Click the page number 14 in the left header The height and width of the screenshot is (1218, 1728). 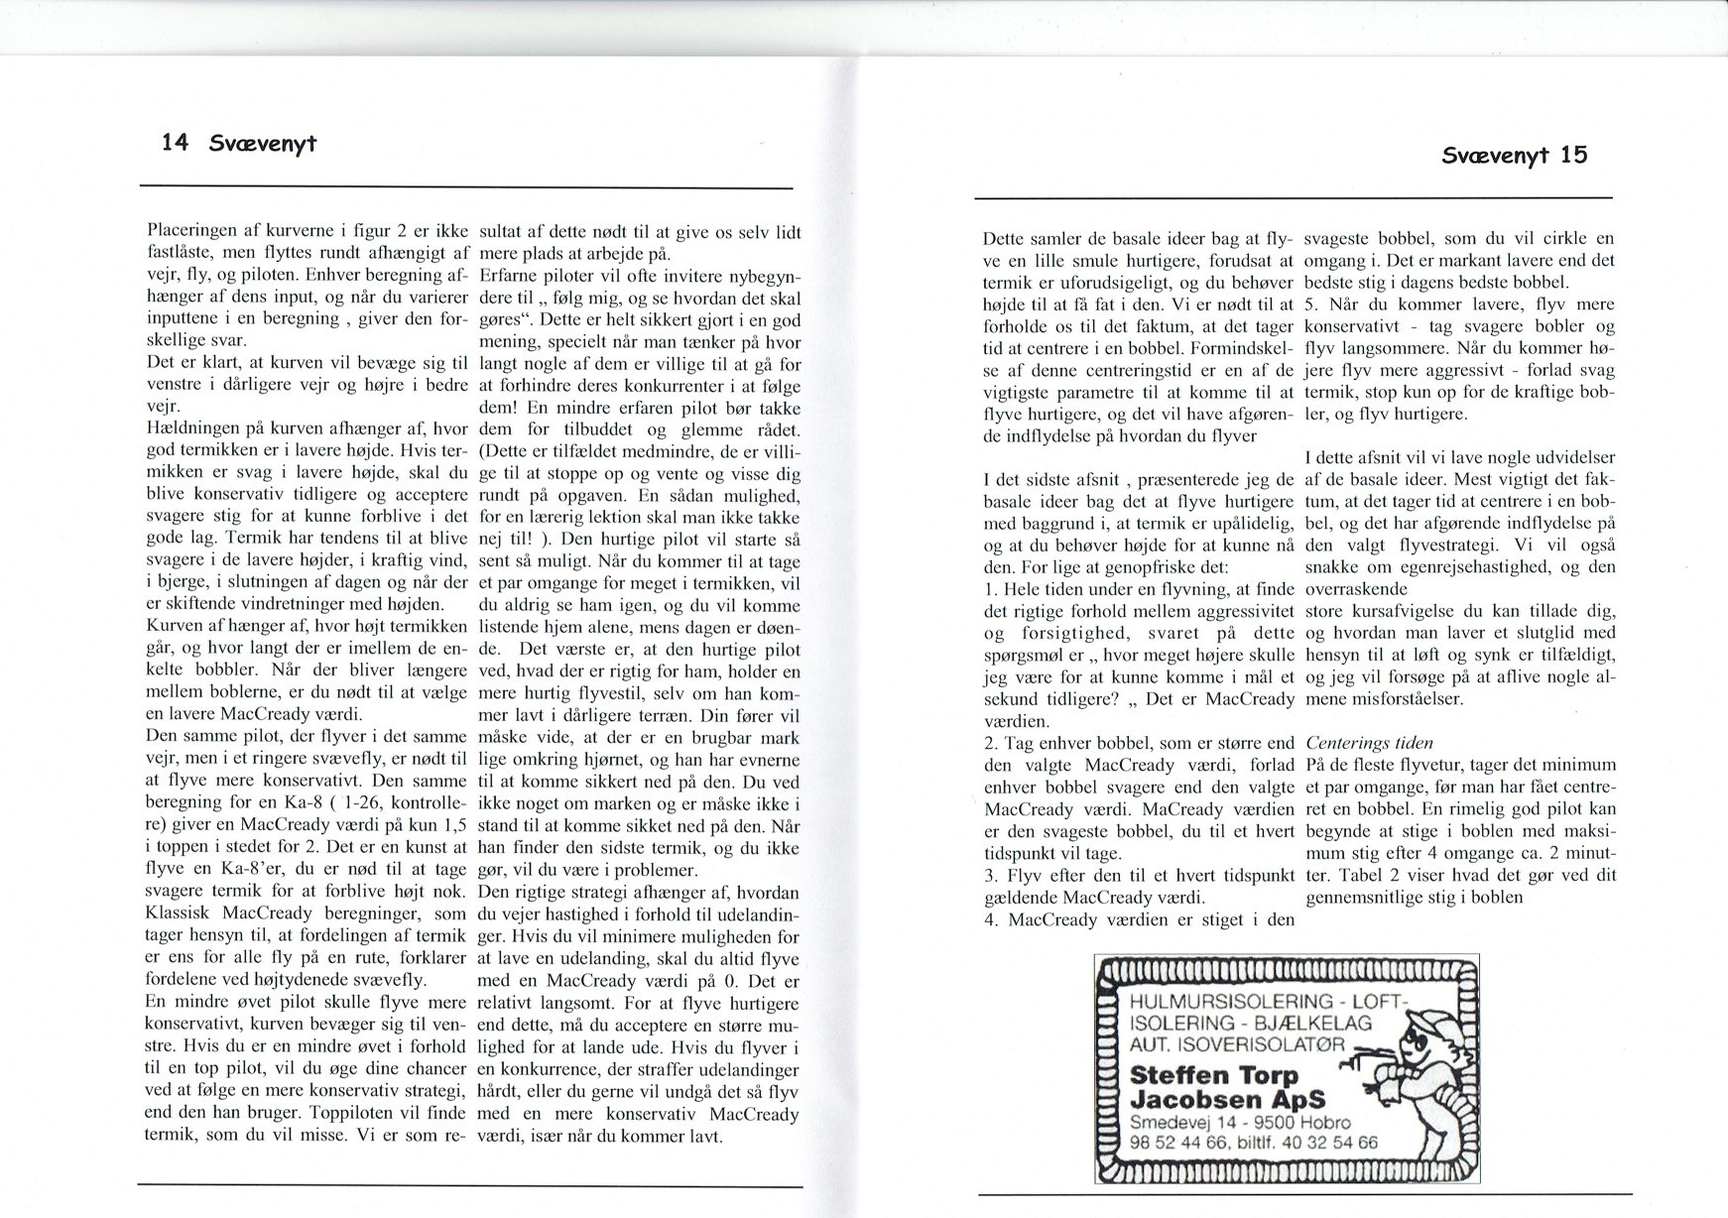pyautogui.click(x=175, y=142)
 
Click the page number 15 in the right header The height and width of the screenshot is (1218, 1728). pyautogui.click(x=1573, y=155)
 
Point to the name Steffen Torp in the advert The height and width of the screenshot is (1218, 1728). pyautogui.click(x=1214, y=1075)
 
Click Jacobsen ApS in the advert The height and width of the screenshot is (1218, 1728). pyautogui.click(x=1228, y=1100)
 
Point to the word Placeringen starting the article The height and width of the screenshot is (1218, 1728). pyautogui.click(x=192, y=232)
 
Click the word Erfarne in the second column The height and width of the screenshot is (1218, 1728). pyautogui.click(x=507, y=276)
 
